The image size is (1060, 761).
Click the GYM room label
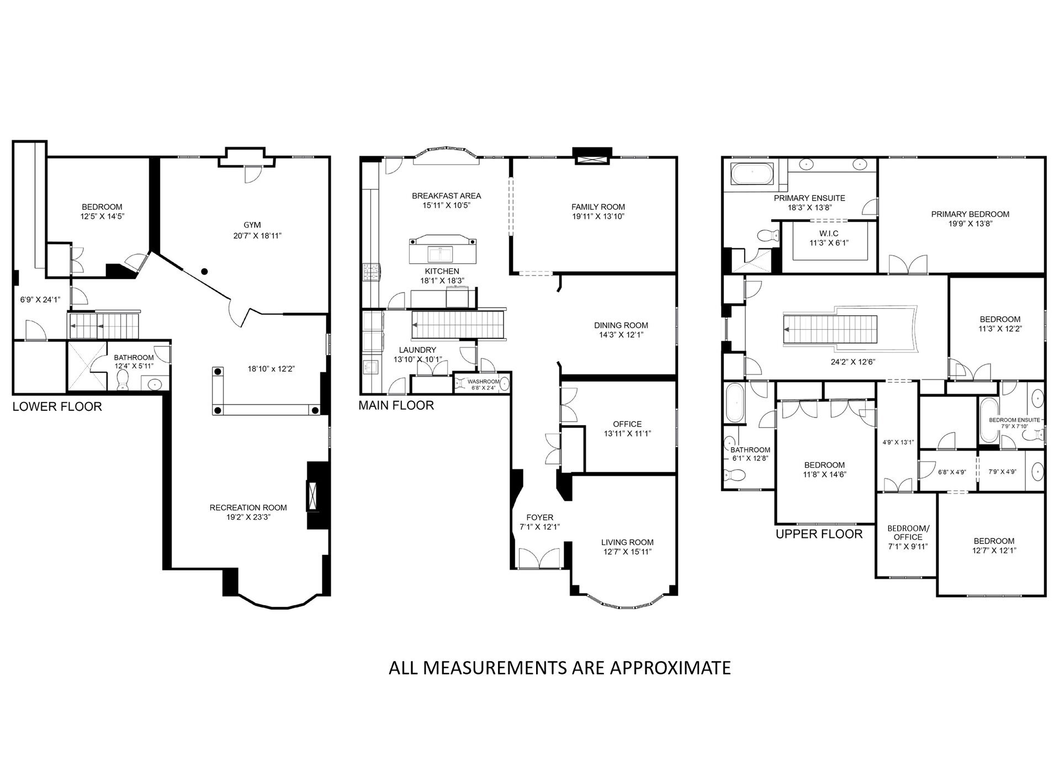pos(252,225)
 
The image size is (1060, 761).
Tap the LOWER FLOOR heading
pos(57,407)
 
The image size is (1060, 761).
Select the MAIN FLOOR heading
pos(396,405)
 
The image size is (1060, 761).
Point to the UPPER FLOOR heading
pos(819,534)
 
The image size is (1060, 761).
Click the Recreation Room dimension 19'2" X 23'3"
pos(248,517)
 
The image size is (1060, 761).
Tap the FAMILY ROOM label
pos(598,207)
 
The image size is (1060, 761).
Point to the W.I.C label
pos(829,234)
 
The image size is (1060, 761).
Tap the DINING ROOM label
pos(621,325)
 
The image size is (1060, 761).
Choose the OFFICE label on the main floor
pos(627,424)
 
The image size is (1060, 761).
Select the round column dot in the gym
pos(204,271)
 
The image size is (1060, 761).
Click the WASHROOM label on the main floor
pos(483,382)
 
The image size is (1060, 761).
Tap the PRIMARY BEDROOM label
pos(970,214)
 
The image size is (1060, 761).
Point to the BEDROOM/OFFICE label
pos(908,532)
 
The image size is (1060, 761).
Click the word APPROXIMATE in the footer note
pos(670,668)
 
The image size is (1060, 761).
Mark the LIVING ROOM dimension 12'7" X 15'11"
pos(627,552)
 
